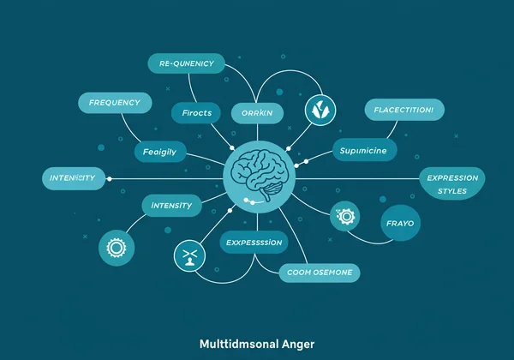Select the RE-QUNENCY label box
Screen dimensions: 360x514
click(186, 63)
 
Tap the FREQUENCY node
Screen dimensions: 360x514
click(115, 102)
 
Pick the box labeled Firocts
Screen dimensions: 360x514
click(197, 113)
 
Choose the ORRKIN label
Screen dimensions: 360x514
click(257, 113)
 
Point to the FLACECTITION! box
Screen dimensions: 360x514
click(404, 110)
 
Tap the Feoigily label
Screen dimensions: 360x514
click(159, 152)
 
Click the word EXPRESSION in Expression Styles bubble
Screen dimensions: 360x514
click(452, 178)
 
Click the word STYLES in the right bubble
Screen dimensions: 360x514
click(452, 192)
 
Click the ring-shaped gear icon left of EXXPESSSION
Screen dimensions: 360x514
click(115, 249)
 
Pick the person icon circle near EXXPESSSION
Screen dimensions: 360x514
click(188, 255)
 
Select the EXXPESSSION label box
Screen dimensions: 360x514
click(254, 243)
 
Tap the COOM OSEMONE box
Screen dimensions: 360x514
click(320, 273)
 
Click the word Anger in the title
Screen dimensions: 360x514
click(296, 345)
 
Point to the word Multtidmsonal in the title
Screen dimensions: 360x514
click(236, 345)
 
